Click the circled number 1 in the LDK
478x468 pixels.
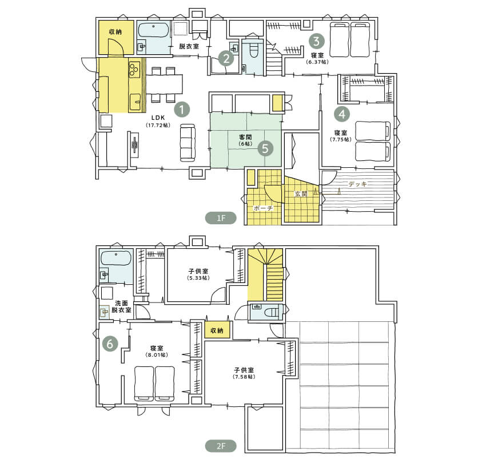point(182,110)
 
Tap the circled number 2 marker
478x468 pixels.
point(226,58)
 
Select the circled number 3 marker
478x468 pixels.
point(317,41)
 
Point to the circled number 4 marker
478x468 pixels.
point(342,114)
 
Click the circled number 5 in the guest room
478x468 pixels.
point(265,148)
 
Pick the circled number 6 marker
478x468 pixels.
point(110,344)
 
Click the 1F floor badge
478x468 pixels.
point(221,218)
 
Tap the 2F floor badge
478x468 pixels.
point(221,446)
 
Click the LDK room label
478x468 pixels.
point(158,118)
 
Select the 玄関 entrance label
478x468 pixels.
point(301,193)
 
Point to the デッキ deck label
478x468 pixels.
point(357,184)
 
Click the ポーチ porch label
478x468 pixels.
point(264,208)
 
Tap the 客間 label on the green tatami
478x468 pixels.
point(245,137)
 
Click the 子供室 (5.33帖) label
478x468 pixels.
point(198,274)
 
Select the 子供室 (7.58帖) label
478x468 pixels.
point(244,373)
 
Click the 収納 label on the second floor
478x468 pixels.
point(217,330)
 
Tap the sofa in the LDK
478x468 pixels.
point(188,143)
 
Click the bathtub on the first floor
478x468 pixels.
point(154,30)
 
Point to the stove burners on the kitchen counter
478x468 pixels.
point(134,68)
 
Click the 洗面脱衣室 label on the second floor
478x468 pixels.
point(121,306)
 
